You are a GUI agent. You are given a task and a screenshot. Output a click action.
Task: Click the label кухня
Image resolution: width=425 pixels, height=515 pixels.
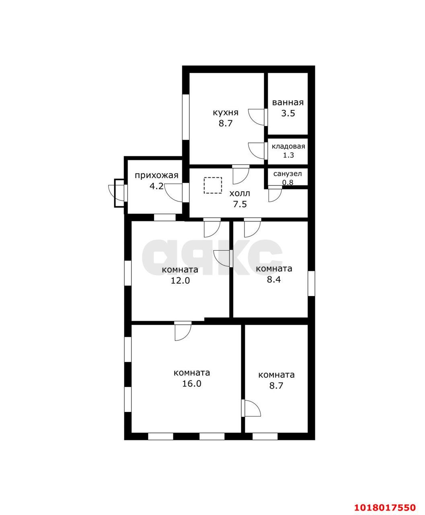[x=225, y=113]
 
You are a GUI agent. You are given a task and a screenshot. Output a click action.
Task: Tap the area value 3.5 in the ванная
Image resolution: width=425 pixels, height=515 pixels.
[x=288, y=113]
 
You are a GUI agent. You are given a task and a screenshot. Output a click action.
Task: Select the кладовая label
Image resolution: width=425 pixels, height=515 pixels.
[x=288, y=146]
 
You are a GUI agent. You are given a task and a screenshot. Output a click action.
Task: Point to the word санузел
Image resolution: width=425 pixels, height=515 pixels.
[x=287, y=174]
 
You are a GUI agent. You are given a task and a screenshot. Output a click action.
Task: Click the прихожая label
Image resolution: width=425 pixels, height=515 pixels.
[x=156, y=175]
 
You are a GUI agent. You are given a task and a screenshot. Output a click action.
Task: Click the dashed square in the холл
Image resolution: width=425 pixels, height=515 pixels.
[x=213, y=185]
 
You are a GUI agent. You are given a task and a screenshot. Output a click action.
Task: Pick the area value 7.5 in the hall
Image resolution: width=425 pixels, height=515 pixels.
[x=240, y=204]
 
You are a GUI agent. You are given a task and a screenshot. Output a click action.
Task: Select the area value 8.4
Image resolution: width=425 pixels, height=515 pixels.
[x=274, y=280]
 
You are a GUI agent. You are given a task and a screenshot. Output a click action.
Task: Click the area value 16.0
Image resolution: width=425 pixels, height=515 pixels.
[x=191, y=383]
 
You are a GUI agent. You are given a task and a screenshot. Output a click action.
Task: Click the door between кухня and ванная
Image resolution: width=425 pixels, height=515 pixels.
[x=258, y=117]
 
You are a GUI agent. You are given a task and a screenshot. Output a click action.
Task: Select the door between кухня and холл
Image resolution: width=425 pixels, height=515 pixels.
[x=241, y=174]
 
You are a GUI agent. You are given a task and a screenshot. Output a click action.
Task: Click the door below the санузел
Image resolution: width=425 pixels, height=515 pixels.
[x=275, y=194]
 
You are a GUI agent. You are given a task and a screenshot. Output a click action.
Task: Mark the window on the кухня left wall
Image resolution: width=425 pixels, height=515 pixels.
[x=186, y=117]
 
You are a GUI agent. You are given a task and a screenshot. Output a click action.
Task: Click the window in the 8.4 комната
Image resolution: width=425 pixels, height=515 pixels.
[x=312, y=283]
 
